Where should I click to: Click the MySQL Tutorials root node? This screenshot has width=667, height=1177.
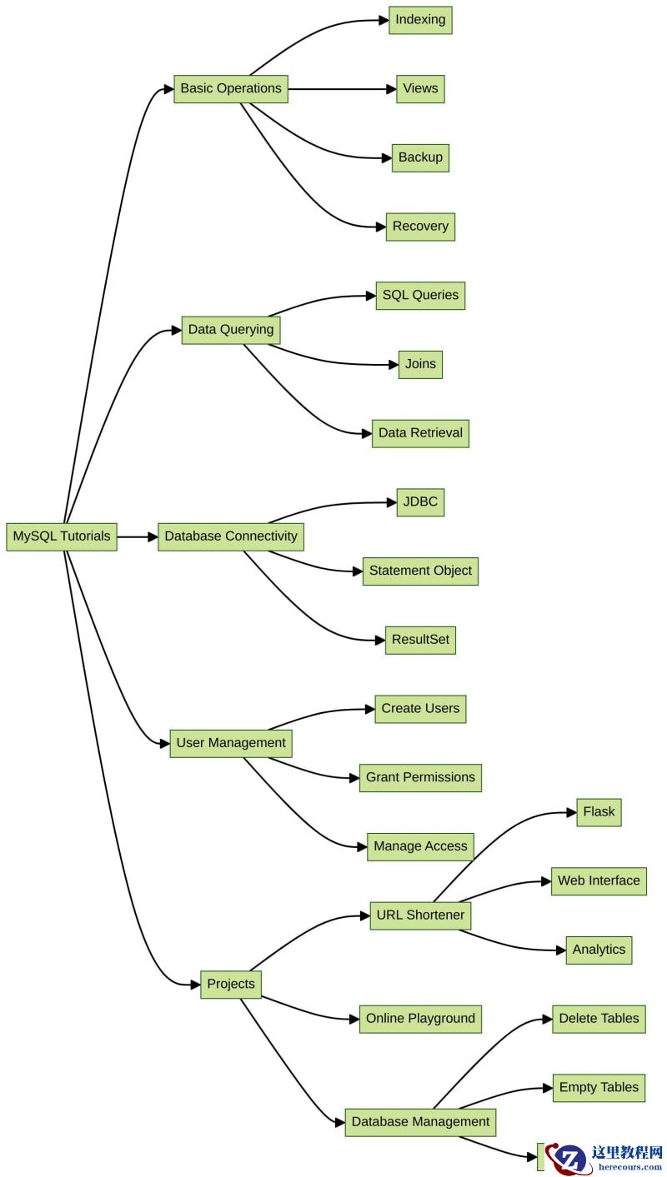62,536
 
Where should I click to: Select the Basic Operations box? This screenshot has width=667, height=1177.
231,89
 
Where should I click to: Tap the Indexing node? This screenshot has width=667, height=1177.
420,20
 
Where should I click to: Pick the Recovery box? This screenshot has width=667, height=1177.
420,227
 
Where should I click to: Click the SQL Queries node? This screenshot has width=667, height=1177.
420,296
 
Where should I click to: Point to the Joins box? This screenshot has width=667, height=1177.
420,364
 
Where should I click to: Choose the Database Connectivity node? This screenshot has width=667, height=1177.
231,536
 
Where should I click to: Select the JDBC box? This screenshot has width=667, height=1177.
420,501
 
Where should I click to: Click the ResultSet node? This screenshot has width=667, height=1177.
420,640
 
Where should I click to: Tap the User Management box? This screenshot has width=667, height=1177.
231,744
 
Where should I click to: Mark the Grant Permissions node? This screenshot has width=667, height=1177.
420,778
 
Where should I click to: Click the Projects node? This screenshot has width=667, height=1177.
231,984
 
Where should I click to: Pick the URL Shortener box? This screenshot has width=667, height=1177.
420,915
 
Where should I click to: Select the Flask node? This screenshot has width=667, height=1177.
599,812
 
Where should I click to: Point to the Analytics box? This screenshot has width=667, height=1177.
599,950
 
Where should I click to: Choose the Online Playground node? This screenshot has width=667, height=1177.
420,1019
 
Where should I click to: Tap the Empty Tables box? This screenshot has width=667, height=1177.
599,1088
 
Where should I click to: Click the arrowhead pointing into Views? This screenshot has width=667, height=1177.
391,89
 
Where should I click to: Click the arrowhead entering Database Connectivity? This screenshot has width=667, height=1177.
153,537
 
